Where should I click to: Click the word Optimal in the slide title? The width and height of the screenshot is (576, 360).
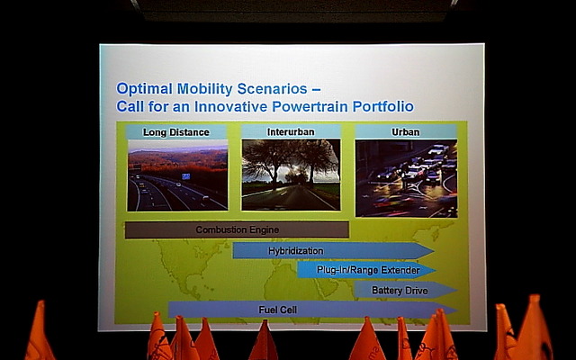click(144, 89)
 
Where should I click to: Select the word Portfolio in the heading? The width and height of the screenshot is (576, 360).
click(383, 106)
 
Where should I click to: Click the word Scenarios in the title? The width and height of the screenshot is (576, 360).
click(272, 88)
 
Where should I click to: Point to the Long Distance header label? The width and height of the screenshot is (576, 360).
click(176, 132)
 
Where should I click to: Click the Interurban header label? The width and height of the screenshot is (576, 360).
click(291, 132)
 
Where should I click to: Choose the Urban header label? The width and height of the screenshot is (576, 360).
click(406, 132)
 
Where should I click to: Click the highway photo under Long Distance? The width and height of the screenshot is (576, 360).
click(177, 175)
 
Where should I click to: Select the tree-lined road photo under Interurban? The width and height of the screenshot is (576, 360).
click(291, 175)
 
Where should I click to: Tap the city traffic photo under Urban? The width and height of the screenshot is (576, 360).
click(406, 178)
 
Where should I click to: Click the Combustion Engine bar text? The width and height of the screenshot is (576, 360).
click(238, 230)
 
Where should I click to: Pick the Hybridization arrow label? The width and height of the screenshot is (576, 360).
click(296, 251)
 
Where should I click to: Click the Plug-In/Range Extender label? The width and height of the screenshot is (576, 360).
click(368, 270)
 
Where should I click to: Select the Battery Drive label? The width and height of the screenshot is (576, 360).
click(400, 291)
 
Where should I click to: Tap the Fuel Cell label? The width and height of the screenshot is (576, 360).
click(278, 310)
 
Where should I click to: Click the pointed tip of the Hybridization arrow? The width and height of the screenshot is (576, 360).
click(434, 251)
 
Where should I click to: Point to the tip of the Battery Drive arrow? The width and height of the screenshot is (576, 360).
click(457, 290)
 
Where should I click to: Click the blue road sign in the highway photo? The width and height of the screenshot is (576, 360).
click(186, 176)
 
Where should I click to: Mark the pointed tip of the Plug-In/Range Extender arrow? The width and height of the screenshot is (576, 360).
click(436, 270)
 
